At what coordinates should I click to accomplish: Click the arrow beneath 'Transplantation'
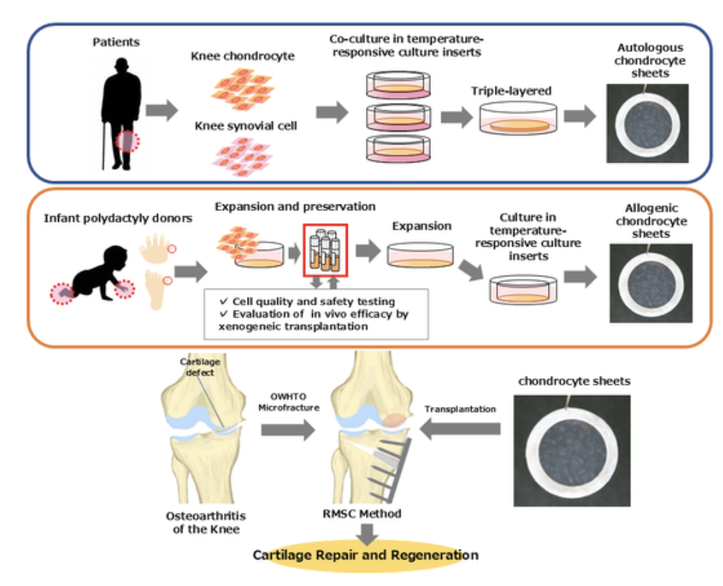coord(459,431)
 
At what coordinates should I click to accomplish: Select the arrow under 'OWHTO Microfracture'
coord(288,431)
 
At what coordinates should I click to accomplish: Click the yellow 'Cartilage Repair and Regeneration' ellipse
coord(365,556)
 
